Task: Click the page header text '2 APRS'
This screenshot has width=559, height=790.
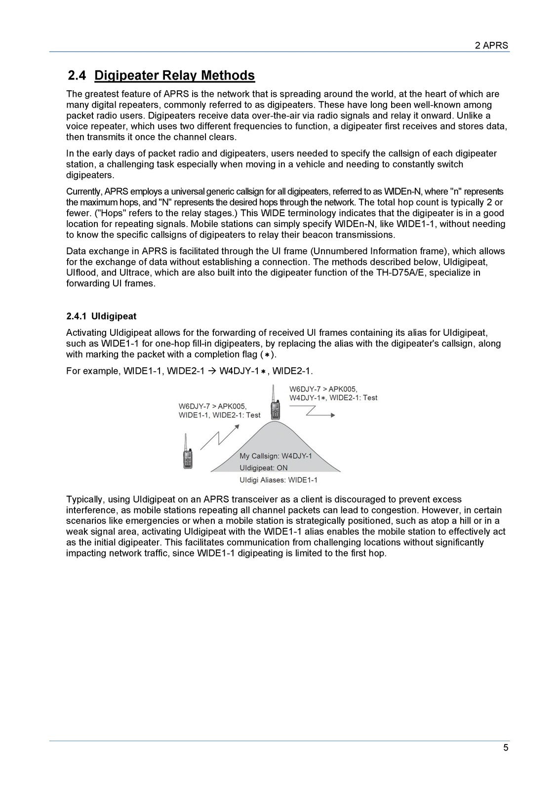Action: click(x=491, y=45)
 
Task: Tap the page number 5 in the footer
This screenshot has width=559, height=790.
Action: click(x=505, y=748)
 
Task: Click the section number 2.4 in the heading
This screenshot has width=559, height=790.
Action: click(x=77, y=76)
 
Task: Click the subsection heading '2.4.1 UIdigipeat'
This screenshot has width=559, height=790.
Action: click(x=101, y=316)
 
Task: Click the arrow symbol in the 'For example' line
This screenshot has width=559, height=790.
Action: click(x=212, y=371)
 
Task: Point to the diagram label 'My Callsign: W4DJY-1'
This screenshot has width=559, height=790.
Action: click(x=276, y=456)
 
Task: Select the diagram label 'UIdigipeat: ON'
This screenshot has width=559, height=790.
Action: click(x=263, y=468)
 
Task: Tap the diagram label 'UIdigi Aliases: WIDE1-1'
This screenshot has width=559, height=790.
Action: click(x=278, y=479)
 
